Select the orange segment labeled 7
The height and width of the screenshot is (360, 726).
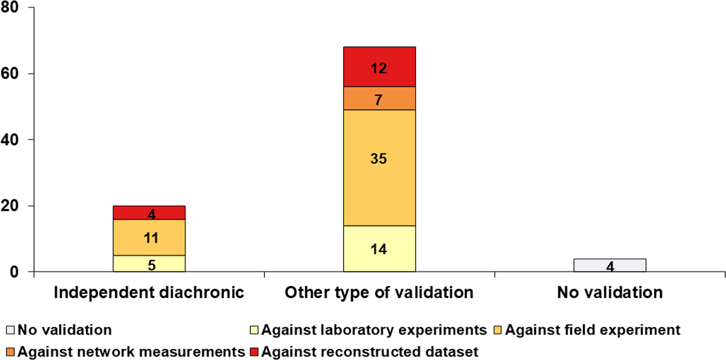[x=379, y=98]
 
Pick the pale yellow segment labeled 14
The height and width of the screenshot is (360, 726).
[x=379, y=249]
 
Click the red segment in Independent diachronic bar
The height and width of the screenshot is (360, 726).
[x=149, y=213]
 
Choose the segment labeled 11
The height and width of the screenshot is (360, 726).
[x=149, y=237]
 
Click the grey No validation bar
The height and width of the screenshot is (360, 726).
[x=609, y=265]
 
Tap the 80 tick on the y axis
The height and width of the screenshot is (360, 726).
[x=14, y=8]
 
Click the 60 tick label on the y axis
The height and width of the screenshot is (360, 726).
[x=14, y=74]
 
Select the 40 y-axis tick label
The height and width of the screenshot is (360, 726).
[x=14, y=140]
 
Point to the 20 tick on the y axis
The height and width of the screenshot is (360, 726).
[x=14, y=206]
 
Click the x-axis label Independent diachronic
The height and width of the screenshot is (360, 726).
[x=149, y=293]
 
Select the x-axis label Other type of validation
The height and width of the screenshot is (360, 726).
[x=379, y=293]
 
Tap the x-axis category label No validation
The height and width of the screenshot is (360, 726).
[x=609, y=293]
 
